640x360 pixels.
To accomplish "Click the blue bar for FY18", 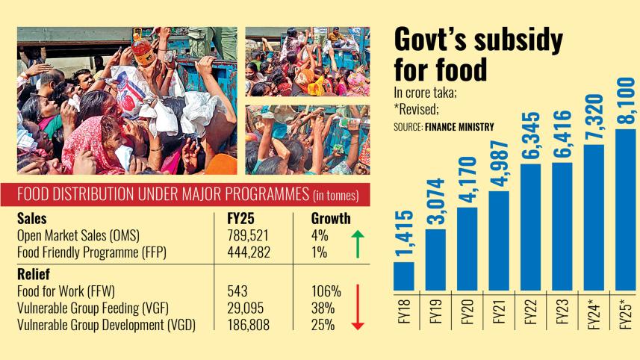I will click(x=403, y=275).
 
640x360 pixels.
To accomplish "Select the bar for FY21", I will click(x=499, y=240).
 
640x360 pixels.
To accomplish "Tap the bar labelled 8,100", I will click(x=626, y=209).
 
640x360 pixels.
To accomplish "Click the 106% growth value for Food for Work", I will click(x=326, y=290).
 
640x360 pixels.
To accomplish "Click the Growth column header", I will click(x=331, y=219).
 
